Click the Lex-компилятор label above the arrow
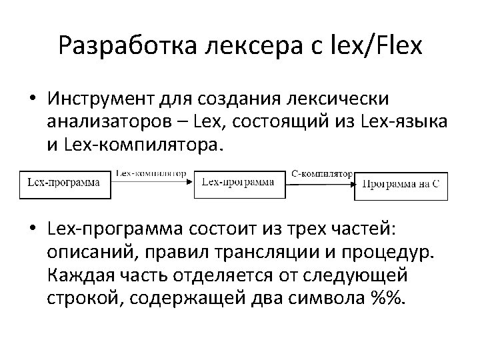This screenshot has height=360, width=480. point(151,171)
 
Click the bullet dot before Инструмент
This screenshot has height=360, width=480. point(32,98)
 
